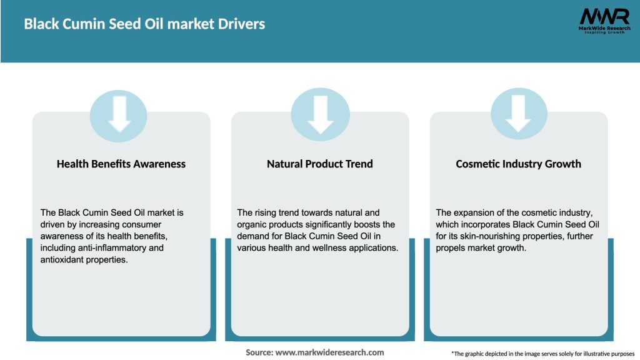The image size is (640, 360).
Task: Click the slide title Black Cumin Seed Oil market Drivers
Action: coord(144,24)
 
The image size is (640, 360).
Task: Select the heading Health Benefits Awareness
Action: coord(121,164)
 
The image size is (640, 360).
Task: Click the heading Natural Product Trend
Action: coord(320,164)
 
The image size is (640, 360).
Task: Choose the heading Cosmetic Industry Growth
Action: coord(518,164)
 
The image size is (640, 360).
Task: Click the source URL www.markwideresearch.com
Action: coord(329,352)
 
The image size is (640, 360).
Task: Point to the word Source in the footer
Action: coord(259,352)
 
